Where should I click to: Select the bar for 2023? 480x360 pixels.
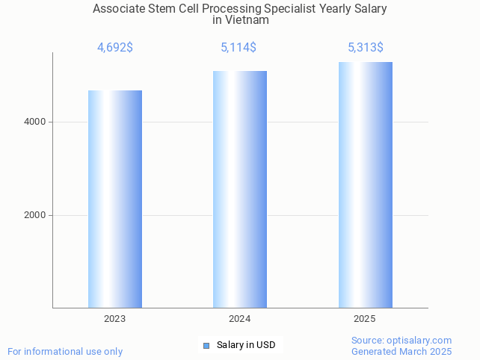click(115, 199)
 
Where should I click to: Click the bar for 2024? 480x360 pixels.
click(240, 189)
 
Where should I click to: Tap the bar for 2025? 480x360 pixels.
click(365, 184)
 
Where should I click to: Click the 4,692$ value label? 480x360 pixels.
click(115, 48)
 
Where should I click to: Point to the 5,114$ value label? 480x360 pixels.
click(239, 48)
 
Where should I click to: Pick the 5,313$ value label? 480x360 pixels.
click(366, 48)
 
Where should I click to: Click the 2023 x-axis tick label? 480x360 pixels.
click(115, 319)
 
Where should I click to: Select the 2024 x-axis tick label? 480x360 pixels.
click(240, 319)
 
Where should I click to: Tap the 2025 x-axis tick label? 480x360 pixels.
click(365, 319)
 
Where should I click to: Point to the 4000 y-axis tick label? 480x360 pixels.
click(35, 122)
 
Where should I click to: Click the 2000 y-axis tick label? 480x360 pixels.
click(35, 215)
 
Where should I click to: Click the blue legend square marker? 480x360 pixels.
click(206, 345)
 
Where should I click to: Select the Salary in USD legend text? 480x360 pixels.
click(246, 345)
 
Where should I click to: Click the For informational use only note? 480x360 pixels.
click(65, 351)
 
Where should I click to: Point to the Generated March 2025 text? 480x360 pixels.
click(401, 351)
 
